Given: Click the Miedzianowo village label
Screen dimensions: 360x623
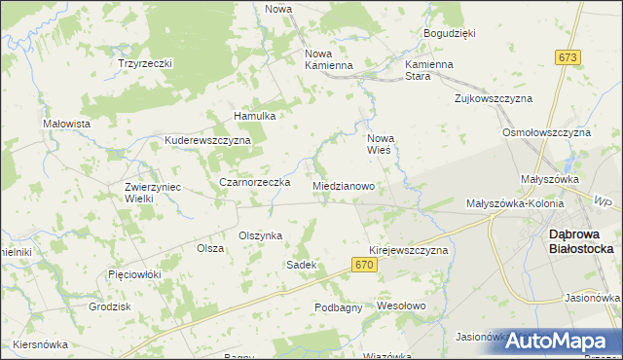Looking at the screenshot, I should coord(345,185).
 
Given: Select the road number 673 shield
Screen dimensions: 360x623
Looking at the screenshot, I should coord(569,58).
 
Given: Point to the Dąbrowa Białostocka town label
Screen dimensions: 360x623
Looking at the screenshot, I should coord(581,240).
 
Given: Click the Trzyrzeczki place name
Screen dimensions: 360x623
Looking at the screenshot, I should coord(145,63).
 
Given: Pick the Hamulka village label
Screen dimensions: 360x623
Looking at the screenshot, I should coord(255,116).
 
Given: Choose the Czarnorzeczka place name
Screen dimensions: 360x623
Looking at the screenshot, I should coord(255,182).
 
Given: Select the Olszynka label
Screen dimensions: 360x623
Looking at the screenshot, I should coord(261,235).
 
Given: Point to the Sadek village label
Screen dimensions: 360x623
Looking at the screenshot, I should coord(301,265).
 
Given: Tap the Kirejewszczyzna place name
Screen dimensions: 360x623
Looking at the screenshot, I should coord(408,250).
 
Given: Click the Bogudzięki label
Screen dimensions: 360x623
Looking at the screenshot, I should coord(449,33).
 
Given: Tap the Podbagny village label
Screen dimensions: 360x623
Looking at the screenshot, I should coord(339,307).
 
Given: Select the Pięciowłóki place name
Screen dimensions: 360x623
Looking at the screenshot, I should coord(134,274).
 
